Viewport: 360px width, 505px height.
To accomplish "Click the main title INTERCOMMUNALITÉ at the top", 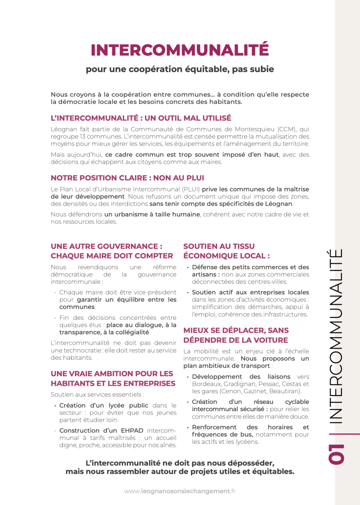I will click(180, 50).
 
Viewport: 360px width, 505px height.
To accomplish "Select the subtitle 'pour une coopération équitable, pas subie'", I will click(180, 69).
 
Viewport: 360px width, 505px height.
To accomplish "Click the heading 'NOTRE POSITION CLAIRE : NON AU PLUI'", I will click(127, 178).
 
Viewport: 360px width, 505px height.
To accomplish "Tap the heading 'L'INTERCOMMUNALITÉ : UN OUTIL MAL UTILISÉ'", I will click(141, 118).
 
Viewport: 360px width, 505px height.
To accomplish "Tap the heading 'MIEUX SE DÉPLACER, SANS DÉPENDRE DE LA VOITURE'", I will click(236, 335).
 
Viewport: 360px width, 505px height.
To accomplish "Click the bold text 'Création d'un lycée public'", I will click(104, 405).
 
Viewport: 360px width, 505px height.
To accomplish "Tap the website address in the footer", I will click(180, 491).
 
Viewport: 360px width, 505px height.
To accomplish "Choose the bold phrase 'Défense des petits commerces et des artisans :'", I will click(250, 270).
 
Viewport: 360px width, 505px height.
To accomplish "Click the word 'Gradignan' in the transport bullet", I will click(236, 384).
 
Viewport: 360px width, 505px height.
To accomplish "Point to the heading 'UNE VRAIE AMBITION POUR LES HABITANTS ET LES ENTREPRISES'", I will click(113, 378).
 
